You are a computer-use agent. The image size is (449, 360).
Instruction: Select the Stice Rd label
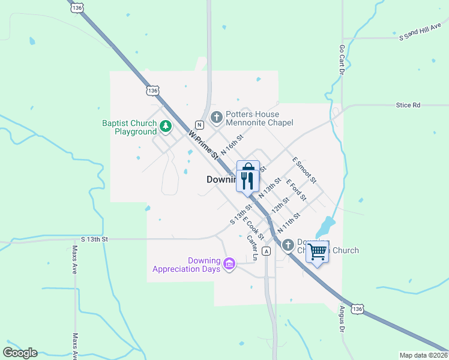[408, 105]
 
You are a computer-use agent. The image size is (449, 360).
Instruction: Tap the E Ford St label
[296, 190]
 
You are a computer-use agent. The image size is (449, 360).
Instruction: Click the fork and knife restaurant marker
[248, 180]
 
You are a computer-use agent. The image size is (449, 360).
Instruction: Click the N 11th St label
[289, 222]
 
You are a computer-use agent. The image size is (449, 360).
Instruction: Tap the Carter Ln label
[252, 247]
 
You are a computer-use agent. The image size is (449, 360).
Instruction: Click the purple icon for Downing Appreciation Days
[229, 263]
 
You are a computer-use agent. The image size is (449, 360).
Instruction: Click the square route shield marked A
[265, 251]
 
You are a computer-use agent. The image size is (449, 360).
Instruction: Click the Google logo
[20, 353]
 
